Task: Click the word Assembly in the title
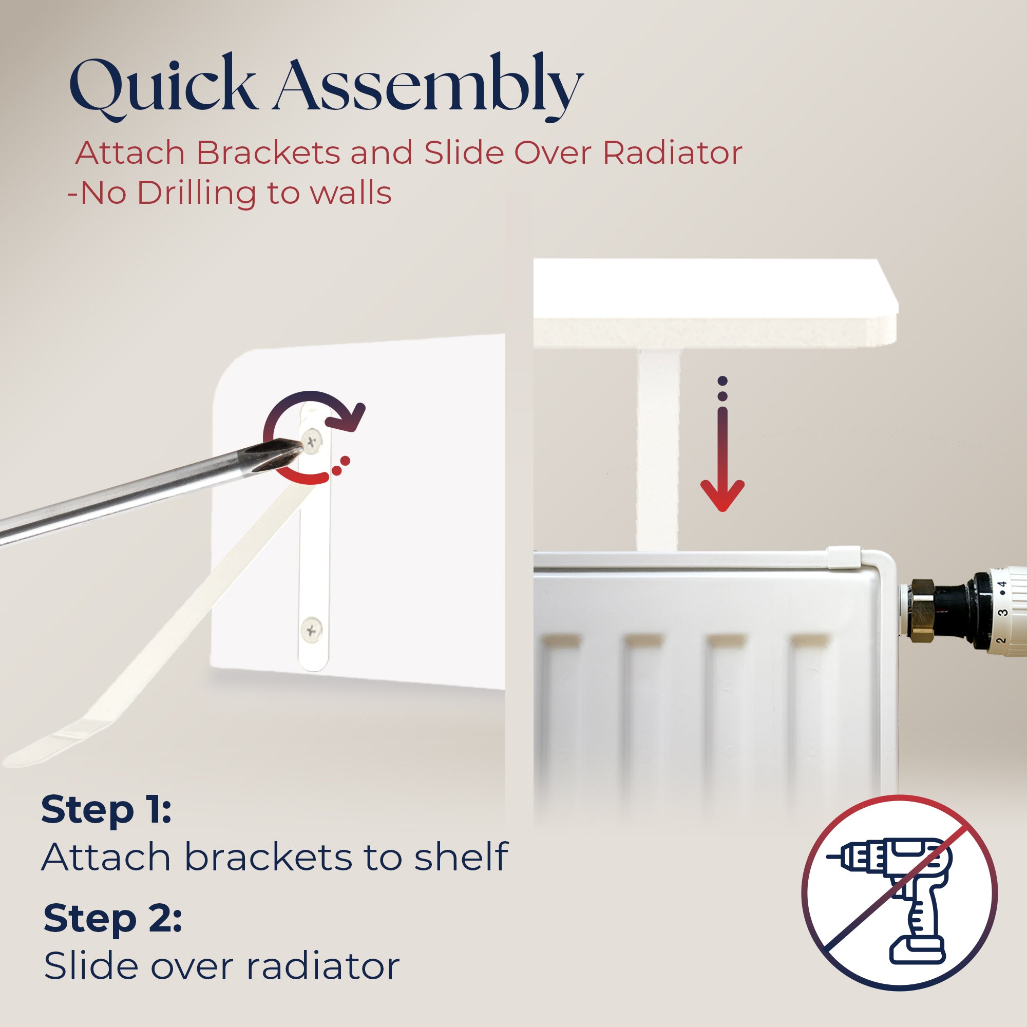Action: (428, 87)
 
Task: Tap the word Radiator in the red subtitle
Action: (673, 153)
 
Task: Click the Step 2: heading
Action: (112, 919)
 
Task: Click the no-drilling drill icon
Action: (900, 893)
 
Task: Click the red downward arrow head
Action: (722, 495)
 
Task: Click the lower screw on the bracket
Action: (312, 631)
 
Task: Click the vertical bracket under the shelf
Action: (658, 451)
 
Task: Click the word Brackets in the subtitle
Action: (269, 153)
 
